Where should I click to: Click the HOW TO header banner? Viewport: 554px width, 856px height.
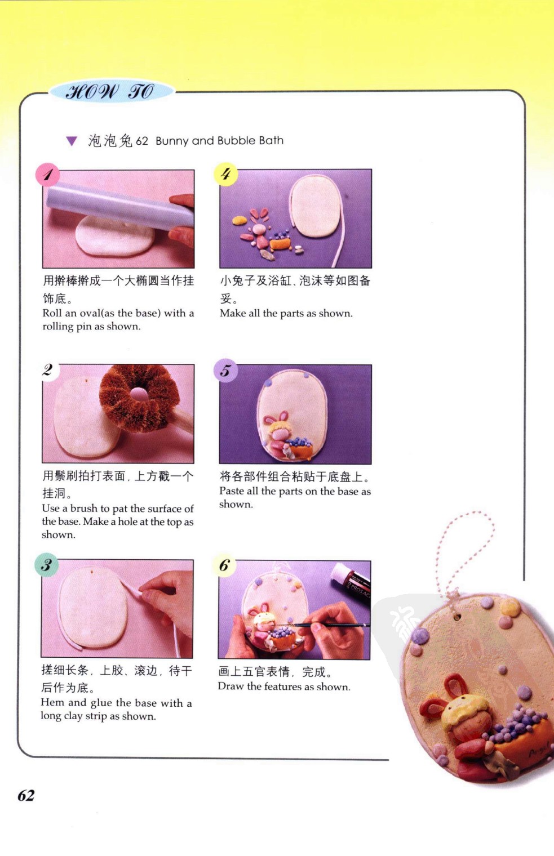pos(111,92)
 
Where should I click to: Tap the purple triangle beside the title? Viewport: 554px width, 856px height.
pos(72,141)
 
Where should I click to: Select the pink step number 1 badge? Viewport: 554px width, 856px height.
pos(47,175)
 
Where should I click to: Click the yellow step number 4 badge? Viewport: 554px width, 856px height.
pos(225,174)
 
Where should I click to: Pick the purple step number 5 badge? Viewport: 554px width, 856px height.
pos(225,371)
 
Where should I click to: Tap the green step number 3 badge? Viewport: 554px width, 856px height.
pos(46,564)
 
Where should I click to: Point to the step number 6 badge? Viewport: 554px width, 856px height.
pos(224,565)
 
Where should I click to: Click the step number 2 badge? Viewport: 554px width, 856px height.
pos(48,370)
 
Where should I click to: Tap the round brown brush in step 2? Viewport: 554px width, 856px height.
pos(139,398)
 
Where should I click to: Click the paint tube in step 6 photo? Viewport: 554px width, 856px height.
pos(351,582)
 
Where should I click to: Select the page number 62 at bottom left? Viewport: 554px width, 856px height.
pos(26,795)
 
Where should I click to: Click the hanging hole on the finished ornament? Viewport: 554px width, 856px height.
pos(456,617)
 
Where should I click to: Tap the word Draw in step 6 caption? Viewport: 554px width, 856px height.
pos(231,686)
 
